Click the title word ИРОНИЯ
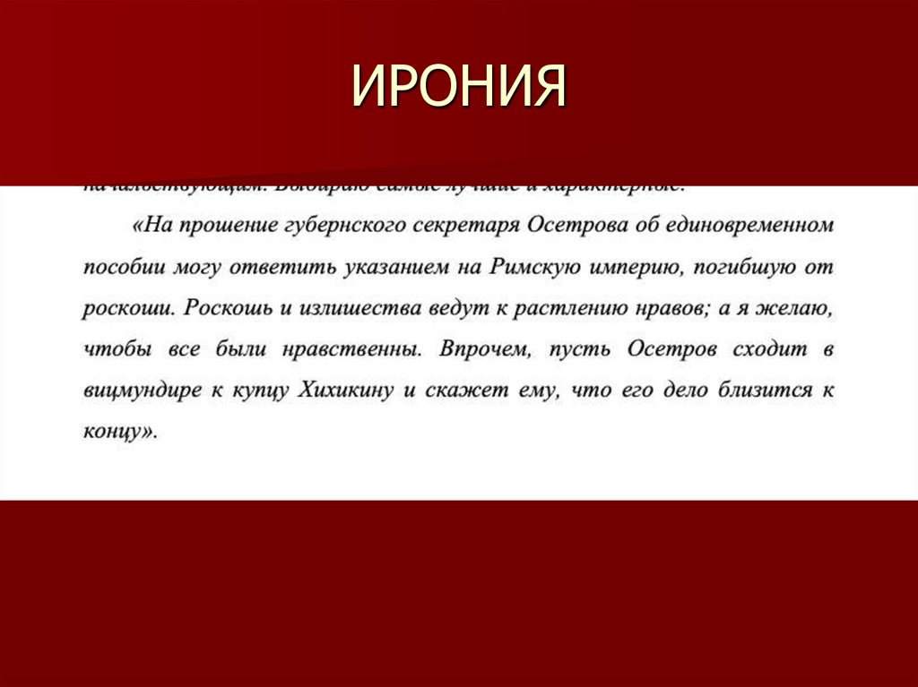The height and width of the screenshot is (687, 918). pyautogui.click(x=458, y=87)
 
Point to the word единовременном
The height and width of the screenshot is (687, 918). pyautogui.click(x=750, y=226)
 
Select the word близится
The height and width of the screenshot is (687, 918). pyautogui.click(x=747, y=391)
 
